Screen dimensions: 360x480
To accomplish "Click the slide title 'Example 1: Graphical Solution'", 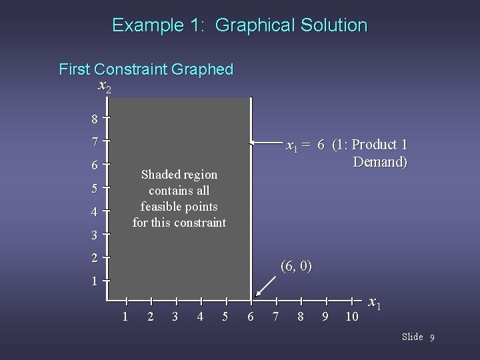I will tap(239, 25).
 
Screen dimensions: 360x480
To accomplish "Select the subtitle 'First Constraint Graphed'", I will tap(146, 69).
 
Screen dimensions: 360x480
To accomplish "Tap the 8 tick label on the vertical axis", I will tap(95, 120).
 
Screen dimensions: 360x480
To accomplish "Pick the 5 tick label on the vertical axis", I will tap(95, 189).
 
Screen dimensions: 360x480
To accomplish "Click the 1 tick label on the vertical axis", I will tap(95, 281).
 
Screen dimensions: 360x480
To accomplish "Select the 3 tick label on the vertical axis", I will tap(95, 235).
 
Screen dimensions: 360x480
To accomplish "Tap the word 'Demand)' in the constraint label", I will tap(380, 162).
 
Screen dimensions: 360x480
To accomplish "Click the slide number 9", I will tap(432, 338).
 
